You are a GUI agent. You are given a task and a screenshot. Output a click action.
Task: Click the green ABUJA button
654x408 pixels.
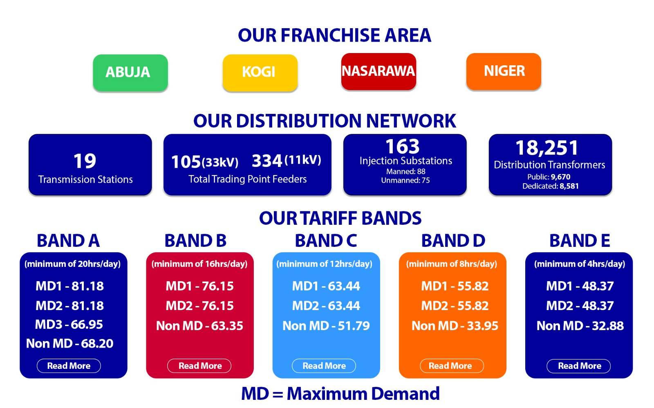coord(130,73)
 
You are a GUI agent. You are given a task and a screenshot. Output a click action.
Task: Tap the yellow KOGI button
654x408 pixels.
coord(260,73)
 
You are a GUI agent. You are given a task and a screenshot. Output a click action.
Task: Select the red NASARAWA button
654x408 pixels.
coord(379,71)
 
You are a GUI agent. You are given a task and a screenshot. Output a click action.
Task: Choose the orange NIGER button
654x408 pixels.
coord(504,71)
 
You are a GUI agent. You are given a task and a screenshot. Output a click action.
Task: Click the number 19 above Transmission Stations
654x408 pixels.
coord(84,161)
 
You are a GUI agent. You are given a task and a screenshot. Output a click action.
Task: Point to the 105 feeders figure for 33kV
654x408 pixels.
coord(186,162)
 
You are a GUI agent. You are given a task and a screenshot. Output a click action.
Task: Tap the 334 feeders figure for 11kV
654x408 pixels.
coord(267,161)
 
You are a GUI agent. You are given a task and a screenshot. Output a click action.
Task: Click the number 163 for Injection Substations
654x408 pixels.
coord(402,146)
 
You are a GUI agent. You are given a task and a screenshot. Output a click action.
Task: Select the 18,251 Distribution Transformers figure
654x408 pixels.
coord(546,148)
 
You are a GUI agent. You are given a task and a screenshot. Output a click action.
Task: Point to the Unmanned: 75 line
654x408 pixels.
coord(405,180)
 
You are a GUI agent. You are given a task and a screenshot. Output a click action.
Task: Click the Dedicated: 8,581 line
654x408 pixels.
coord(550,186)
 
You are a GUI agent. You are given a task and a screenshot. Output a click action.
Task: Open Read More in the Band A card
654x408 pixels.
coord(69,366)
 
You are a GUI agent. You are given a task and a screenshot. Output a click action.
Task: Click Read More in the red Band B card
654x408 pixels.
coord(199,366)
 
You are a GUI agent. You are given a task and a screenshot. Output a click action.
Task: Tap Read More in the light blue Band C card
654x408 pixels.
coord(324,366)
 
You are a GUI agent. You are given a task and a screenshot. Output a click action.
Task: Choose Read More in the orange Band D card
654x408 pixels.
coord(452,366)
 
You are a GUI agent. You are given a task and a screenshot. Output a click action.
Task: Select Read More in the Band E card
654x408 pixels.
coord(579,366)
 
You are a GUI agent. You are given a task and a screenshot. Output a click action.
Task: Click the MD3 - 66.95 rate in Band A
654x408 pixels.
coord(69,324)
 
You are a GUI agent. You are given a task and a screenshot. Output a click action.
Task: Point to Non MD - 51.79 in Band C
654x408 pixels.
coord(326,326)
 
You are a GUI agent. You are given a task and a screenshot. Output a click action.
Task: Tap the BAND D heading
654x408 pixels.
coord(453,240)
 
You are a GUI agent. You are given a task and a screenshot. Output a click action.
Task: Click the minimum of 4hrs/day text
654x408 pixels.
coord(580,264)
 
